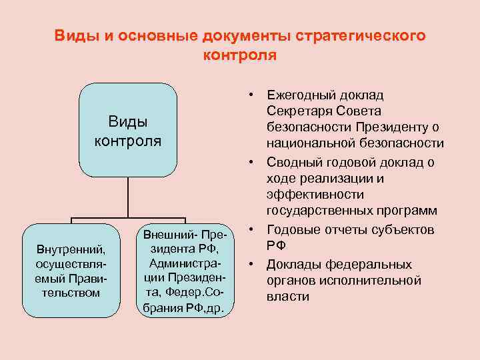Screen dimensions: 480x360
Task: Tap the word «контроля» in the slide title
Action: (239, 55)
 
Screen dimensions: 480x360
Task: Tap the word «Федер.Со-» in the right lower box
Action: (185, 294)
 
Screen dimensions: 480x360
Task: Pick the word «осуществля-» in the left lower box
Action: (71, 265)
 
